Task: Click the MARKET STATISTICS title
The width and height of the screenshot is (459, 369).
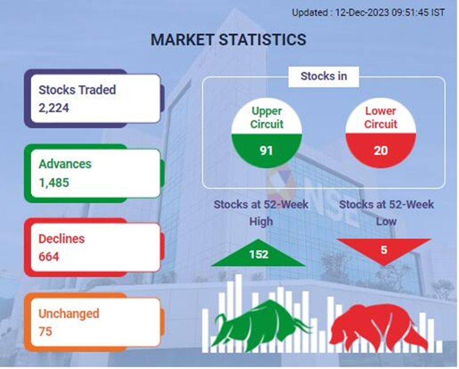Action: [x=228, y=39]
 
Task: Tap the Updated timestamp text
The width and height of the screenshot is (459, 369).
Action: [x=368, y=12]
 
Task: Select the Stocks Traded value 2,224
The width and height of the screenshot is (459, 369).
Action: [x=54, y=108]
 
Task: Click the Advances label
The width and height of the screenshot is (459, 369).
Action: [x=65, y=164]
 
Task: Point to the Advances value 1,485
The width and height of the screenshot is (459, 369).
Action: [x=54, y=183]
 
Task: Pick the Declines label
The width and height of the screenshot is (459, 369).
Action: [x=62, y=239]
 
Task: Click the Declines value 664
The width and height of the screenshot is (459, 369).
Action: [x=49, y=257]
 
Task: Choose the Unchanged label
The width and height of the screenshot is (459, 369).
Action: [x=69, y=314]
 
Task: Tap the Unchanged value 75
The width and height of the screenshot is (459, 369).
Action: [x=45, y=332]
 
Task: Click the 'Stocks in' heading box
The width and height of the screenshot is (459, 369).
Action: [x=323, y=77]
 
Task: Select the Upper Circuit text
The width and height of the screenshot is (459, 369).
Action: [x=267, y=117]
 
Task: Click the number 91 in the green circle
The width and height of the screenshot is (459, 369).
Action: [x=266, y=151]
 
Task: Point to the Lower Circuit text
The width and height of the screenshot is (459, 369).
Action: [x=381, y=117]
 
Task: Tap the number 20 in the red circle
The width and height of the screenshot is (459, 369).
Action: [x=381, y=151]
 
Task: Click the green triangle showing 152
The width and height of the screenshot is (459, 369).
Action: [x=259, y=253]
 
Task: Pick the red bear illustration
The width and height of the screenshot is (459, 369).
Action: [x=379, y=326]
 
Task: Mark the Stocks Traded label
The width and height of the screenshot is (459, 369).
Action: [x=77, y=90]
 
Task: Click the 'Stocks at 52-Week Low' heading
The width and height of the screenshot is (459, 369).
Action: [x=387, y=213]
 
